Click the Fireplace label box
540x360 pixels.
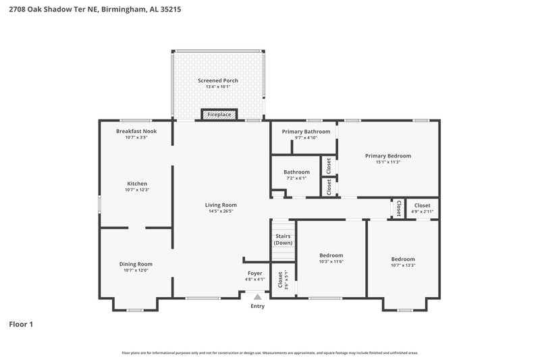tap(219, 115)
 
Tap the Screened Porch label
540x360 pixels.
tap(218, 80)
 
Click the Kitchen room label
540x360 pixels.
tap(136, 184)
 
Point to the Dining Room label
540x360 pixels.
tap(136, 264)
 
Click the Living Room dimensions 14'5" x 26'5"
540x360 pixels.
tap(221, 211)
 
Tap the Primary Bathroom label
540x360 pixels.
tap(306, 131)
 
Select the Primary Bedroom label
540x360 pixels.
tap(388, 155)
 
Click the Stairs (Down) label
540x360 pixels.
tap(283, 239)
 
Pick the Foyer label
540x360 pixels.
tap(254, 274)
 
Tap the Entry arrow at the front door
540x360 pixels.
tap(257, 297)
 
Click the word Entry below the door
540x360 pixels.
tap(258, 306)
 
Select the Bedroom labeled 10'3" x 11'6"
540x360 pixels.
tap(331, 255)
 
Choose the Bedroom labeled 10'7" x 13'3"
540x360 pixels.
tap(403, 259)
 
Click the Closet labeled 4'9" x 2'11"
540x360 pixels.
tap(422, 205)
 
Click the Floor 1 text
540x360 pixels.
tap(21, 324)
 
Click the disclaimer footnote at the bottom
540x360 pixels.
tap(269, 353)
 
